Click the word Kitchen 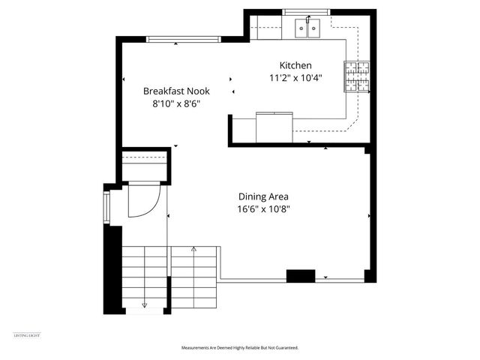[x=295, y=65]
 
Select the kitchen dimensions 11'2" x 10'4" [x=295, y=78]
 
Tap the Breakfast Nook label [x=177, y=91]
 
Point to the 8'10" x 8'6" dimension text [x=177, y=104]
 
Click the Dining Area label [x=263, y=196]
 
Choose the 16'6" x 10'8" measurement [x=263, y=209]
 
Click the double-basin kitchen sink [x=308, y=28]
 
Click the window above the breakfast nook [x=176, y=39]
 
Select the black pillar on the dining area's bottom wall [x=301, y=276]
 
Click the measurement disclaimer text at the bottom [x=239, y=348]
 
